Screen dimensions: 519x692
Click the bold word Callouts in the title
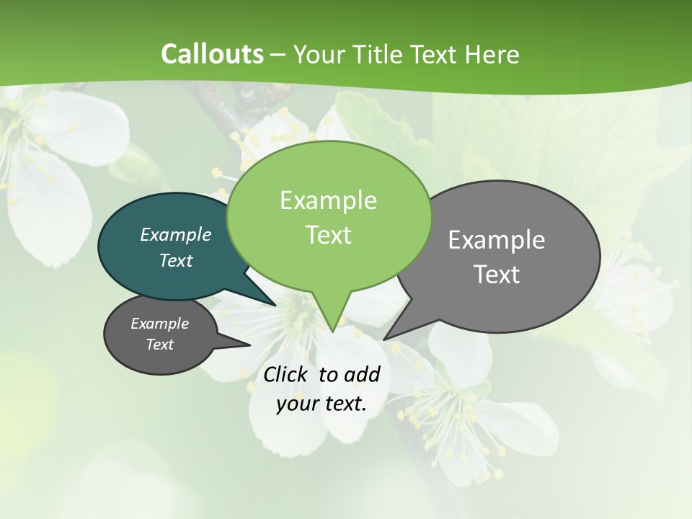click(x=212, y=54)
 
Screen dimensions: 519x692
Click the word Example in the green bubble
click(x=328, y=200)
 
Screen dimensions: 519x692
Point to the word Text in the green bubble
click(x=328, y=234)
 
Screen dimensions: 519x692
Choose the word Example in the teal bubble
click(x=176, y=234)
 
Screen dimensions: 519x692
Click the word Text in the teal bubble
click(x=176, y=260)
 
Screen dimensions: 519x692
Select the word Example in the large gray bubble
click(x=497, y=240)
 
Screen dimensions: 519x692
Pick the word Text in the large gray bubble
click(x=497, y=274)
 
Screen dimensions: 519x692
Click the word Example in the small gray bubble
click(x=160, y=324)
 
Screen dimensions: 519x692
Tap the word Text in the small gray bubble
click(x=160, y=345)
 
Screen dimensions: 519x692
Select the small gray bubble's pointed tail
click(x=246, y=345)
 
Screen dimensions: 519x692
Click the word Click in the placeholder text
click(x=286, y=374)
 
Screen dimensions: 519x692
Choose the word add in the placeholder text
click(x=363, y=374)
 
